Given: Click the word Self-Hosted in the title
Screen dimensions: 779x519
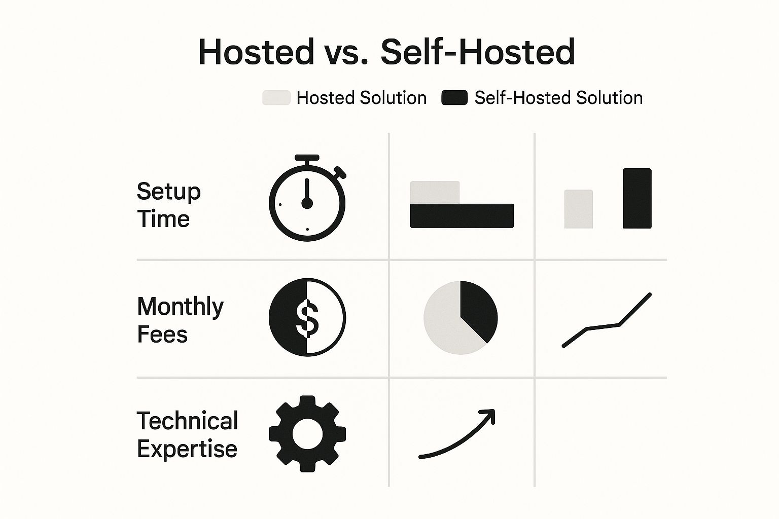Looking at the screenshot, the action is click(x=478, y=52).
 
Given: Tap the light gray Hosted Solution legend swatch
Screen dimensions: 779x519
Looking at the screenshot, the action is click(x=276, y=98).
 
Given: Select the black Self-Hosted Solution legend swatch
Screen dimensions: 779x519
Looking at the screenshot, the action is click(x=454, y=98).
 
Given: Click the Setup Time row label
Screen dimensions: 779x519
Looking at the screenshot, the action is click(x=169, y=205).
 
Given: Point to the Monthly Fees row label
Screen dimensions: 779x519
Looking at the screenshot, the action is click(x=180, y=320).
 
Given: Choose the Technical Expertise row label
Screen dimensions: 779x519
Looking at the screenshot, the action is click(x=188, y=434).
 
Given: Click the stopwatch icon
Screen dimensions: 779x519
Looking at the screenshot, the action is click(x=307, y=198).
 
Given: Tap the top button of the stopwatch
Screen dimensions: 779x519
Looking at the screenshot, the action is click(x=307, y=158).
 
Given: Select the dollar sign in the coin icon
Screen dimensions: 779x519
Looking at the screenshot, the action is click(x=307, y=318).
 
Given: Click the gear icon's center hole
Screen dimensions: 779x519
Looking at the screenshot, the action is click(x=307, y=434).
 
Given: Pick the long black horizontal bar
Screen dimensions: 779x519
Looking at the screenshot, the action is click(x=462, y=216).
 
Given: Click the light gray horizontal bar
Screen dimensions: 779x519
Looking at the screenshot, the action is click(x=435, y=192).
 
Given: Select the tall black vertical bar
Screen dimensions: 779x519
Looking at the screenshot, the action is click(x=637, y=198).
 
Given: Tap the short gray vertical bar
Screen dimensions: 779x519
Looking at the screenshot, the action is click(x=579, y=209).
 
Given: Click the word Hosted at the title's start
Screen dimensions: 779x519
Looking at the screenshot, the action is click(x=256, y=52).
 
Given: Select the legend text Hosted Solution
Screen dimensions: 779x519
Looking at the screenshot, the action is click(x=361, y=98).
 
